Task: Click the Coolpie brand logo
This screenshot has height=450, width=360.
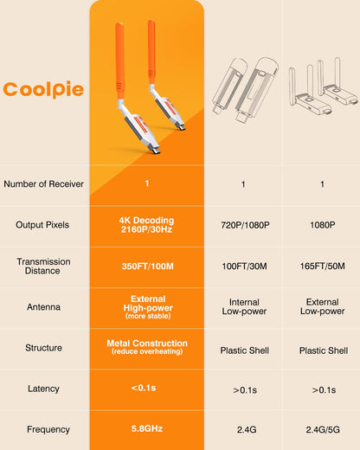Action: (x=43, y=89)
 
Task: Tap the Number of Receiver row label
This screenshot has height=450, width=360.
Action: (x=43, y=184)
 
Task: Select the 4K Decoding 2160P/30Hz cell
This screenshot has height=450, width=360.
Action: (x=147, y=225)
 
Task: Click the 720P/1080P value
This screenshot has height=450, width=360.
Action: (x=245, y=225)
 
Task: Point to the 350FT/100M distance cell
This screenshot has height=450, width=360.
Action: (x=147, y=266)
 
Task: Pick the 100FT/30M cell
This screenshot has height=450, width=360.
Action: (x=244, y=266)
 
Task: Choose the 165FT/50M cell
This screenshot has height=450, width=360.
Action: (x=322, y=266)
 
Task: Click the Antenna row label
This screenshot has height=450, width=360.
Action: (x=43, y=307)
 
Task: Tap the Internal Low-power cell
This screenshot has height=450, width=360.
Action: (x=244, y=306)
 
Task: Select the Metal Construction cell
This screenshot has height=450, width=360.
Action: (x=147, y=347)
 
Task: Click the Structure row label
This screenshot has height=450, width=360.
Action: (x=43, y=348)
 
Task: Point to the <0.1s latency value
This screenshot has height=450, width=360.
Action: (x=144, y=388)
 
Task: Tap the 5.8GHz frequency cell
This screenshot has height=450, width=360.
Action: (x=147, y=428)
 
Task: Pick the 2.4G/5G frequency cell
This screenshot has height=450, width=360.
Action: (x=323, y=430)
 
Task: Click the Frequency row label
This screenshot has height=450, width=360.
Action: (x=48, y=429)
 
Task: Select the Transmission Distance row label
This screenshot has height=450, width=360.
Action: (x=43, y=266)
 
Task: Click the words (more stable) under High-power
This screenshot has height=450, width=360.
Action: (x=148, y=316)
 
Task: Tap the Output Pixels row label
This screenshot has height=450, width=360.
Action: (x=42, y=225)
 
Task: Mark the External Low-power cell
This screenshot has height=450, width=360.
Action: (x=323, y=306)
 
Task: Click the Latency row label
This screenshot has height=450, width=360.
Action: (x=43, y=389)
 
